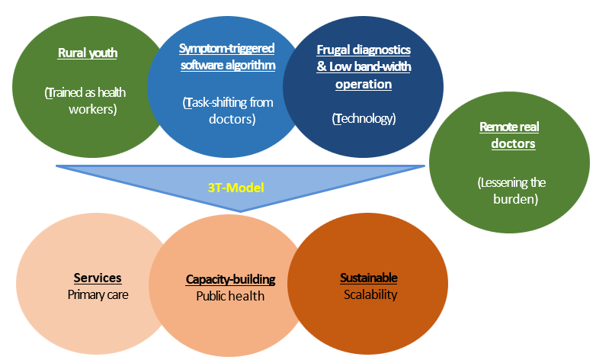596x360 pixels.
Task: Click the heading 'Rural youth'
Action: (87, 53)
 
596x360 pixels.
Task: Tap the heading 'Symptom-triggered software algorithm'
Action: (226, 56)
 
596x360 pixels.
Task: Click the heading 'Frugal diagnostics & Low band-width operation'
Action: (364, 66)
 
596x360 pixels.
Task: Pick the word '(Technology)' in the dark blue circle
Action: (364, 118)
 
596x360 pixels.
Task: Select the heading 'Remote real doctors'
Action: (508, 135)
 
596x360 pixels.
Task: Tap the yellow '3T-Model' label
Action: (240, 185)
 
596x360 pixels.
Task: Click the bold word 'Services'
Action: (98, 278)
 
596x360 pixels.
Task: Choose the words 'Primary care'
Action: (98, 293)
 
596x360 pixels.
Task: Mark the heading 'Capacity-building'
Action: (230, 279)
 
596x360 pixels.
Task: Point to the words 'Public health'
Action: (230, 295)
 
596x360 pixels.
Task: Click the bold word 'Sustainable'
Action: (368, 278)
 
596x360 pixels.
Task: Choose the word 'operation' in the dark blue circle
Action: (364, 84)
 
